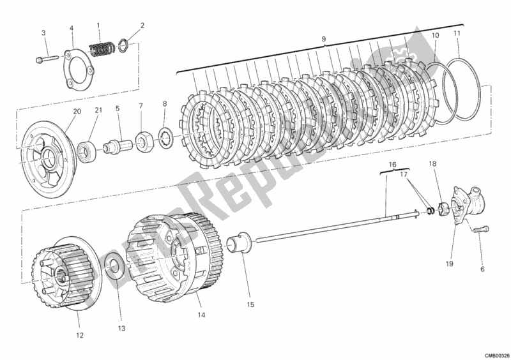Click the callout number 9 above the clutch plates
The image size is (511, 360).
point(323,40)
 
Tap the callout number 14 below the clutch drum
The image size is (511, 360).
point(201,314)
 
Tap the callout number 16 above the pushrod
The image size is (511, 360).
point(392,163)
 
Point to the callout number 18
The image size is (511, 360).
point(432,165)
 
